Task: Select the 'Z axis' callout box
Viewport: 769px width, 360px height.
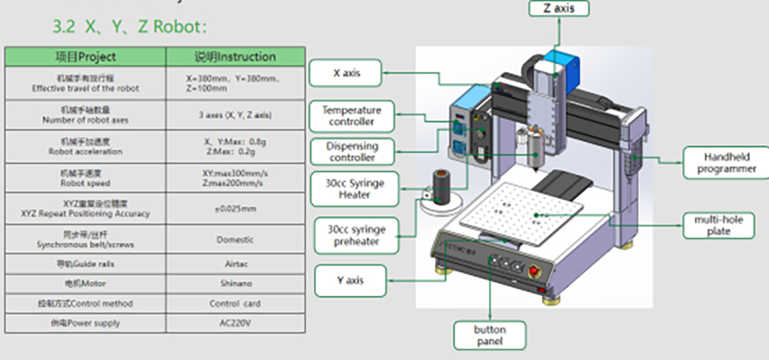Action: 558,8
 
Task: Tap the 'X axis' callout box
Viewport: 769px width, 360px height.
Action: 347,72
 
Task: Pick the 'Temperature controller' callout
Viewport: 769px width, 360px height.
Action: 351,116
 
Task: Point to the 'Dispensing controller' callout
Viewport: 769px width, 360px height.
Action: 351,152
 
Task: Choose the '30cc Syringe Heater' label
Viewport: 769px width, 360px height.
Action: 348,189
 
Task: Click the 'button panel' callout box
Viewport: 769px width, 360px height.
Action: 489,336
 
